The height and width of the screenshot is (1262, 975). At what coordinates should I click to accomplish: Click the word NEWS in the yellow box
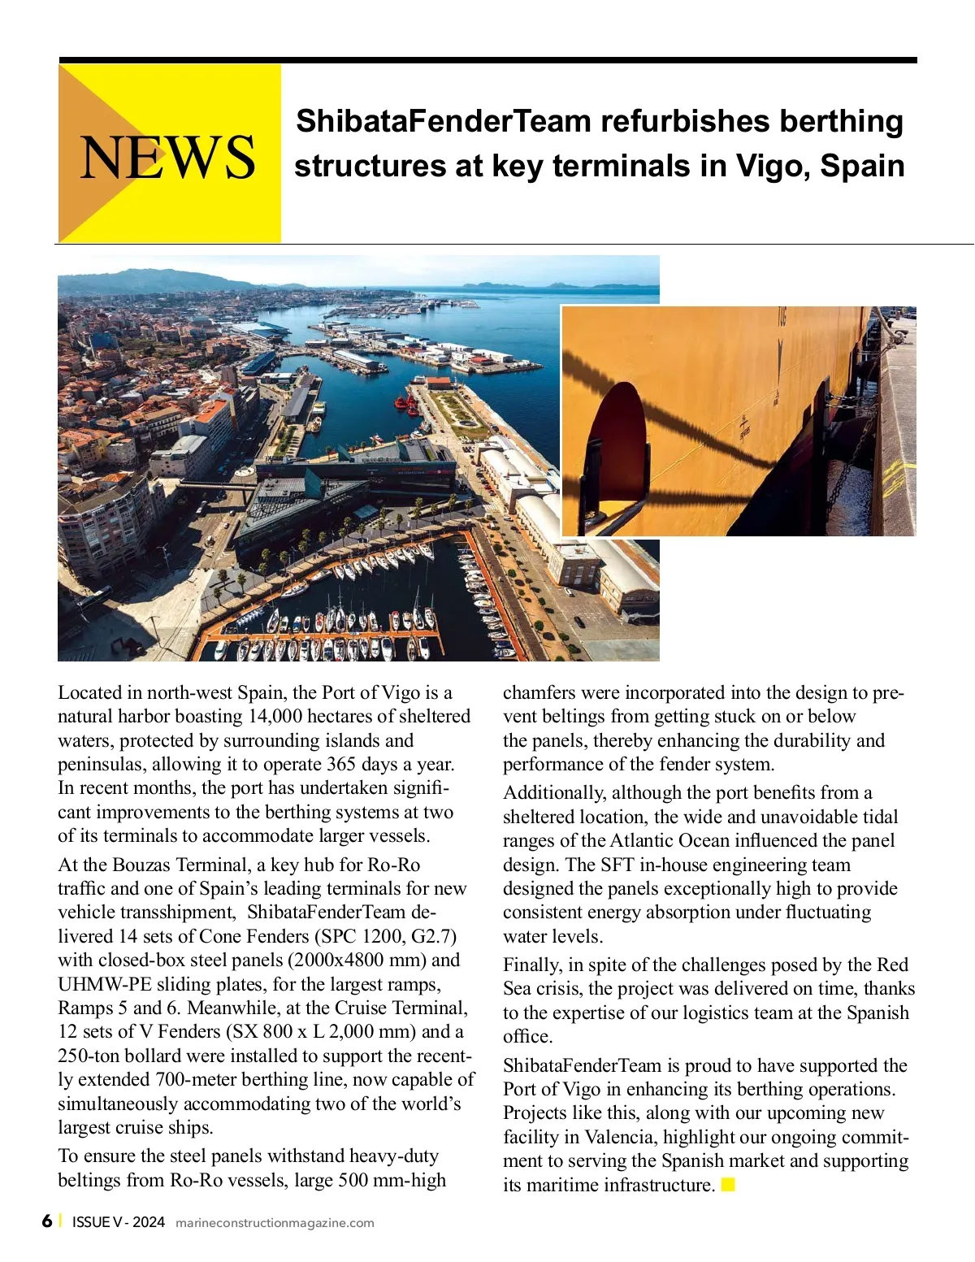(x=168, y=157)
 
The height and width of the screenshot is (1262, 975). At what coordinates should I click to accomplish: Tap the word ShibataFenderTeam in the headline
(x=443, y=121)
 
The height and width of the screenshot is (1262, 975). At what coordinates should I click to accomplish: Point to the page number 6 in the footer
(x=47, y=1221)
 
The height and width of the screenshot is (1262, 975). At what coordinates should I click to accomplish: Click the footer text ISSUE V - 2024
(x=119, y=1222)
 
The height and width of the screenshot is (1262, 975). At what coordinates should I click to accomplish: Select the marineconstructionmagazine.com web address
(x=275, y=1223)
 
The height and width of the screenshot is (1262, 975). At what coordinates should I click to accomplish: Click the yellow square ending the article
(x=728, y=1184)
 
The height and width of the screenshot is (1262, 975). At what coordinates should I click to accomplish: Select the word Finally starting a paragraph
(x=532, y=965)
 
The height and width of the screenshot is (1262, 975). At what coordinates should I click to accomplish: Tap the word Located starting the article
(x=89, y=692)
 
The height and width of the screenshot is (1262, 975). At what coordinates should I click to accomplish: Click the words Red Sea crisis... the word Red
(x=892, y=965)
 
